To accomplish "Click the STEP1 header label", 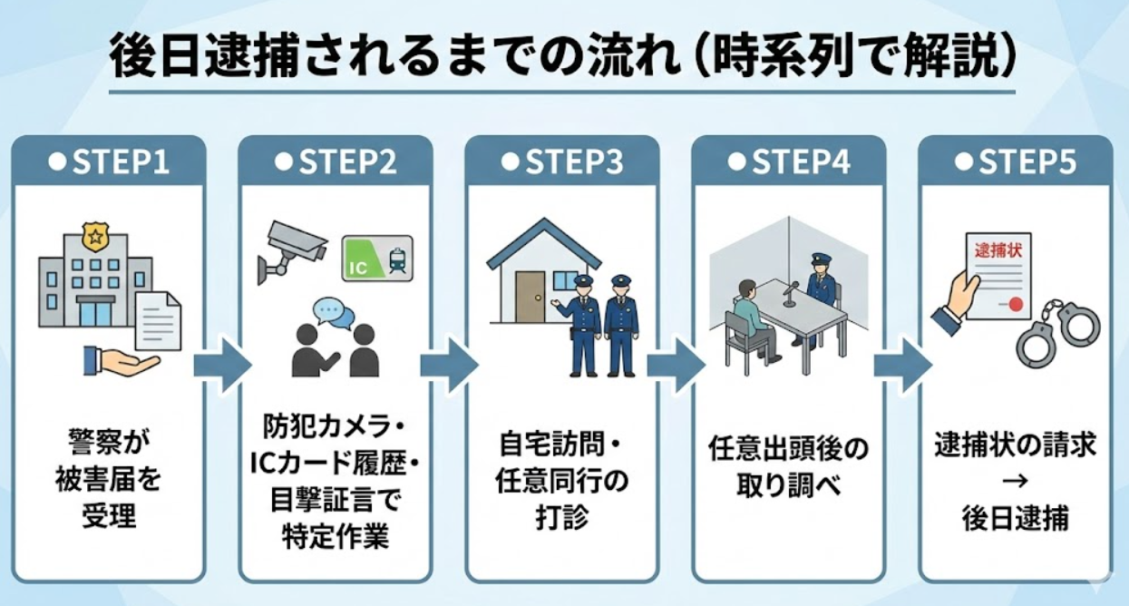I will click(109, 162).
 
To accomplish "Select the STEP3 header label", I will click(562, 162).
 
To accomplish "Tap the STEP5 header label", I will click(1016, 162).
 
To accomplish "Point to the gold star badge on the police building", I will click(93, 239).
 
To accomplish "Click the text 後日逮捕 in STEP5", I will click(1015, 519).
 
